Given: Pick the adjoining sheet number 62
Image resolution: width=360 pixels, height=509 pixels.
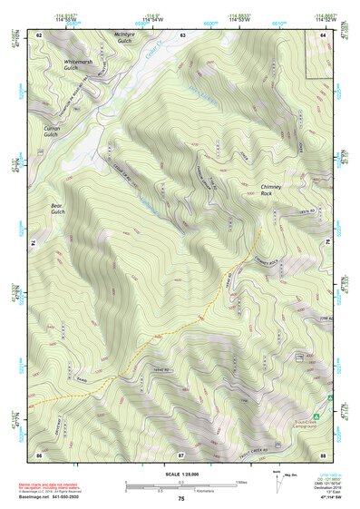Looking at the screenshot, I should click(39, 34).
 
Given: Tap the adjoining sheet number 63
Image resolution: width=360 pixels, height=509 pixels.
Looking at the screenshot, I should click(182, 34).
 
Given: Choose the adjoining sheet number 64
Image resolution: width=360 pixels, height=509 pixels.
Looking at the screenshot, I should click(324, 34).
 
